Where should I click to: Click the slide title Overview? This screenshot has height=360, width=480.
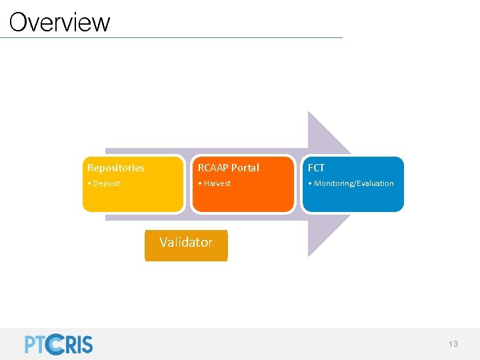tap(59, 22)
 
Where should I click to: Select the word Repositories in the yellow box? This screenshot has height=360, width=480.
tap(115, 168)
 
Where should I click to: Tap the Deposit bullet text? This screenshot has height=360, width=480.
tap(107, 183)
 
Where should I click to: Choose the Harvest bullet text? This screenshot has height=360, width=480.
tap(217, 183)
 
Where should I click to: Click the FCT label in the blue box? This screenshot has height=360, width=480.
tap(316, 168)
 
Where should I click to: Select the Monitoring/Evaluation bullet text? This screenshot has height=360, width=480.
tap(354, 183)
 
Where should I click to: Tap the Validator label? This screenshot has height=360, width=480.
tap(186, 243)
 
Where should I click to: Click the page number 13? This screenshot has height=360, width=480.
tap(453, 344)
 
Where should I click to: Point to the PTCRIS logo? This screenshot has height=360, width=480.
tap(59, 344)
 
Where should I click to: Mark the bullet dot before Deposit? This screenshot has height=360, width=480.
tap(89, 183)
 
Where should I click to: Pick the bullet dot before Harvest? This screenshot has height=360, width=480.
tap(199, 183)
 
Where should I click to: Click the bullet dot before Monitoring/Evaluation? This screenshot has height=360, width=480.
tap(309, 183)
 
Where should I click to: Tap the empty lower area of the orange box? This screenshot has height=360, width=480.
tap(243, 200)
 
